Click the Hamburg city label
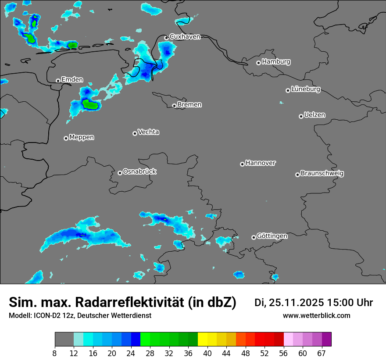[x=276, y=62]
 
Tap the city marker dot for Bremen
[x=174, y=106]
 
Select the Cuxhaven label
[x=185, y=37]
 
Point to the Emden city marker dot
[x=58, y=81]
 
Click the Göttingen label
[x=272, y=236]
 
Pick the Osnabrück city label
[x=139, y=171]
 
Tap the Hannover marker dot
[x=242, y=164]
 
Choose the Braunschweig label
[x=322, y=174]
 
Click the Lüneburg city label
[x=306, y=89]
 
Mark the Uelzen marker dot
[x=301, y=116]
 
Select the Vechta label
[x=148, y=132]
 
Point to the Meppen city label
[x=82, y=137]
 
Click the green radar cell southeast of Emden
[x=91, y=104]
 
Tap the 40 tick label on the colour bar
[x=208, y=353]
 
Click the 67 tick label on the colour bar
[x=322, y=353]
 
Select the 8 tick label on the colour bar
[x=55, y=353]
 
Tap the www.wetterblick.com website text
[x=316, y=316]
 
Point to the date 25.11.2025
[x=297, y=303]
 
